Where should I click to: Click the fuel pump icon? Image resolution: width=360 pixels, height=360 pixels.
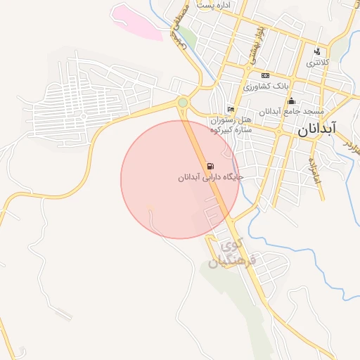210,167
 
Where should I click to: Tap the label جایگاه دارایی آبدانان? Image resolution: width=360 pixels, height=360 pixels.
210,179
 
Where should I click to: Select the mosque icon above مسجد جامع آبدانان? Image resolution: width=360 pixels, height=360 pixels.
291,101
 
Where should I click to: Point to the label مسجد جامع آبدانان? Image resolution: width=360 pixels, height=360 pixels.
291,112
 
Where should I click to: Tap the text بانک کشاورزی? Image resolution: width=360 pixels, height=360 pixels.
266,86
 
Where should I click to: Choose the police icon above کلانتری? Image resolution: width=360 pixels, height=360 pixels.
317,51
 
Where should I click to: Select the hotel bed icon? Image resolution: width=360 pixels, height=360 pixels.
231,109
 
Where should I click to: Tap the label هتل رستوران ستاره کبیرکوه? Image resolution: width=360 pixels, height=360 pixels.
235,125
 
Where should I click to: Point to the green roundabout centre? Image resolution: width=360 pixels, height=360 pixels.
183,103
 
